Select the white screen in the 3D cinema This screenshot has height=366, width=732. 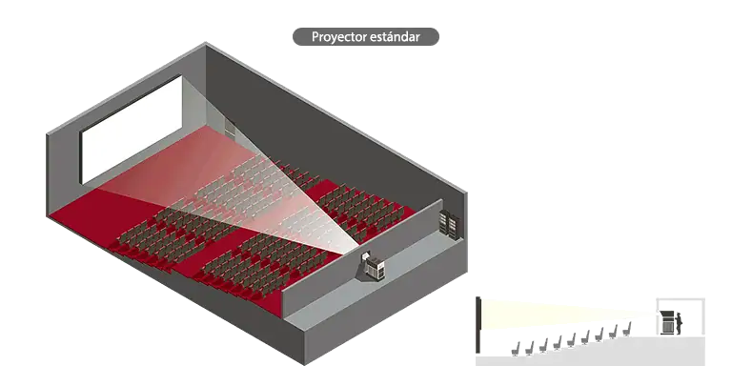pos(132,130)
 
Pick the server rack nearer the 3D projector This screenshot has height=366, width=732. pos(444,221)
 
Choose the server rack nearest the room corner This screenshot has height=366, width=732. pos(454,227)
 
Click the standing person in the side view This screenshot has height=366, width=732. pos(678,323)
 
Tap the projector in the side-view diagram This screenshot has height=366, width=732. pos(667,322)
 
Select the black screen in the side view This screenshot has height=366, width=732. pos(478,324)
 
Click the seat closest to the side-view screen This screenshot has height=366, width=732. pos(516,349)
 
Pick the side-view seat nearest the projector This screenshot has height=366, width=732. pos(626,329)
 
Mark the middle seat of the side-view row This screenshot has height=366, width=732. pos(571,339)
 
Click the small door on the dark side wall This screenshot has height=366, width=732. pos(230,126)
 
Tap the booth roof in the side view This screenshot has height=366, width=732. pos(681,298)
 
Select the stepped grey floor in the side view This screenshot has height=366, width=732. pos(590,351)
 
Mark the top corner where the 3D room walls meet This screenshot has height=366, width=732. pos(206,44)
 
